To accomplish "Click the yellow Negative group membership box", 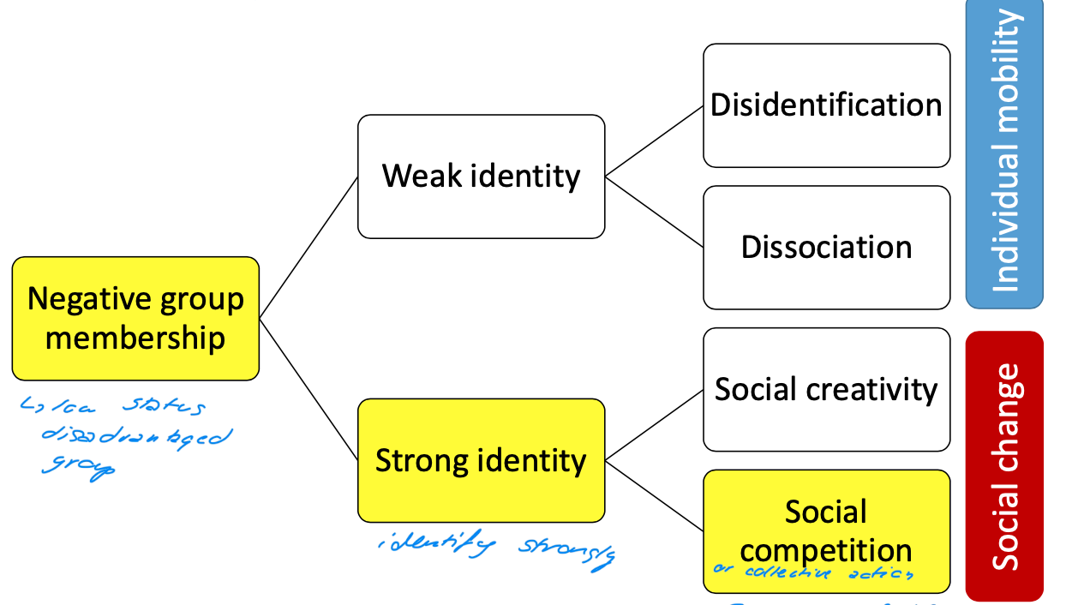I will (x=135, y=318).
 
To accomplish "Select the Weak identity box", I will (x=481, y=177).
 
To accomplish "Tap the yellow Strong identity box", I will (x=481, y=460).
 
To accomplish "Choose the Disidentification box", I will (x=826, y=105).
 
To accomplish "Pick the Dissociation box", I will (x=826, y=248).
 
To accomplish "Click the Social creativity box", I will (x=826, y=389).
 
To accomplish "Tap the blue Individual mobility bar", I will (x=1004, y=153).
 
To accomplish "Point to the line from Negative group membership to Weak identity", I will (x=308, y=248).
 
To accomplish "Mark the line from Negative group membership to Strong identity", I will (x=308, y=389).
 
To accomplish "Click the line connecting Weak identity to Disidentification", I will (x=654, y=141).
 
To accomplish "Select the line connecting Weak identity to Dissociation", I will (x=654, y=212).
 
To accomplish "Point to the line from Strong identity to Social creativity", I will (x=654, y=425).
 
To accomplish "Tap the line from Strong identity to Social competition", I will (x=654, y=495).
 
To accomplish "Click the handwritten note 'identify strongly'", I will (x=496, y=551).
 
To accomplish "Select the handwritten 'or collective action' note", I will (x=813, y=573).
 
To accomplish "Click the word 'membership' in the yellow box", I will (x=135, y=338).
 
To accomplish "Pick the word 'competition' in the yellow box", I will (x=826, y=549).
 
